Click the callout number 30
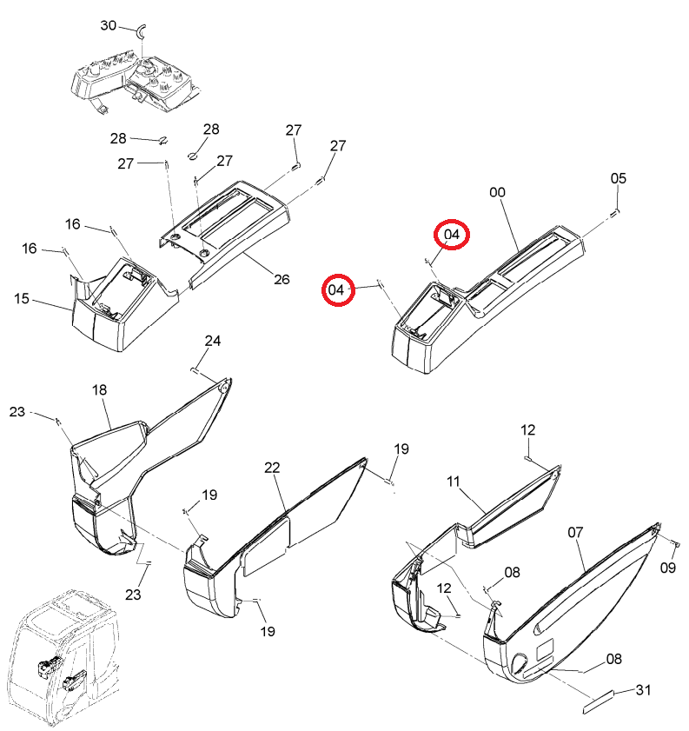[108, 25]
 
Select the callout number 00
[497, 192]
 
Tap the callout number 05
[619, 178]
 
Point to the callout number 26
[282, 279]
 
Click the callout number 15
[22, 298]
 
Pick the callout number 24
[212, 341]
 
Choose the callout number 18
[99, 389]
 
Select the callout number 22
[272, 468]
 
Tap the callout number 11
[454, 482]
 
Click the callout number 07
[575, 532]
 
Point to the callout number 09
[667, 568]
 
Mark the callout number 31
[643, 689]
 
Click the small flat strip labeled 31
[599, 701]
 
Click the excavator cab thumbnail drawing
[63, 656]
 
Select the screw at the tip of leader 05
[615, 214]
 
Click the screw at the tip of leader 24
[195, 370]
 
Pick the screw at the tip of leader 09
[678, 542]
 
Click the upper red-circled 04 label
[452, 234]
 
